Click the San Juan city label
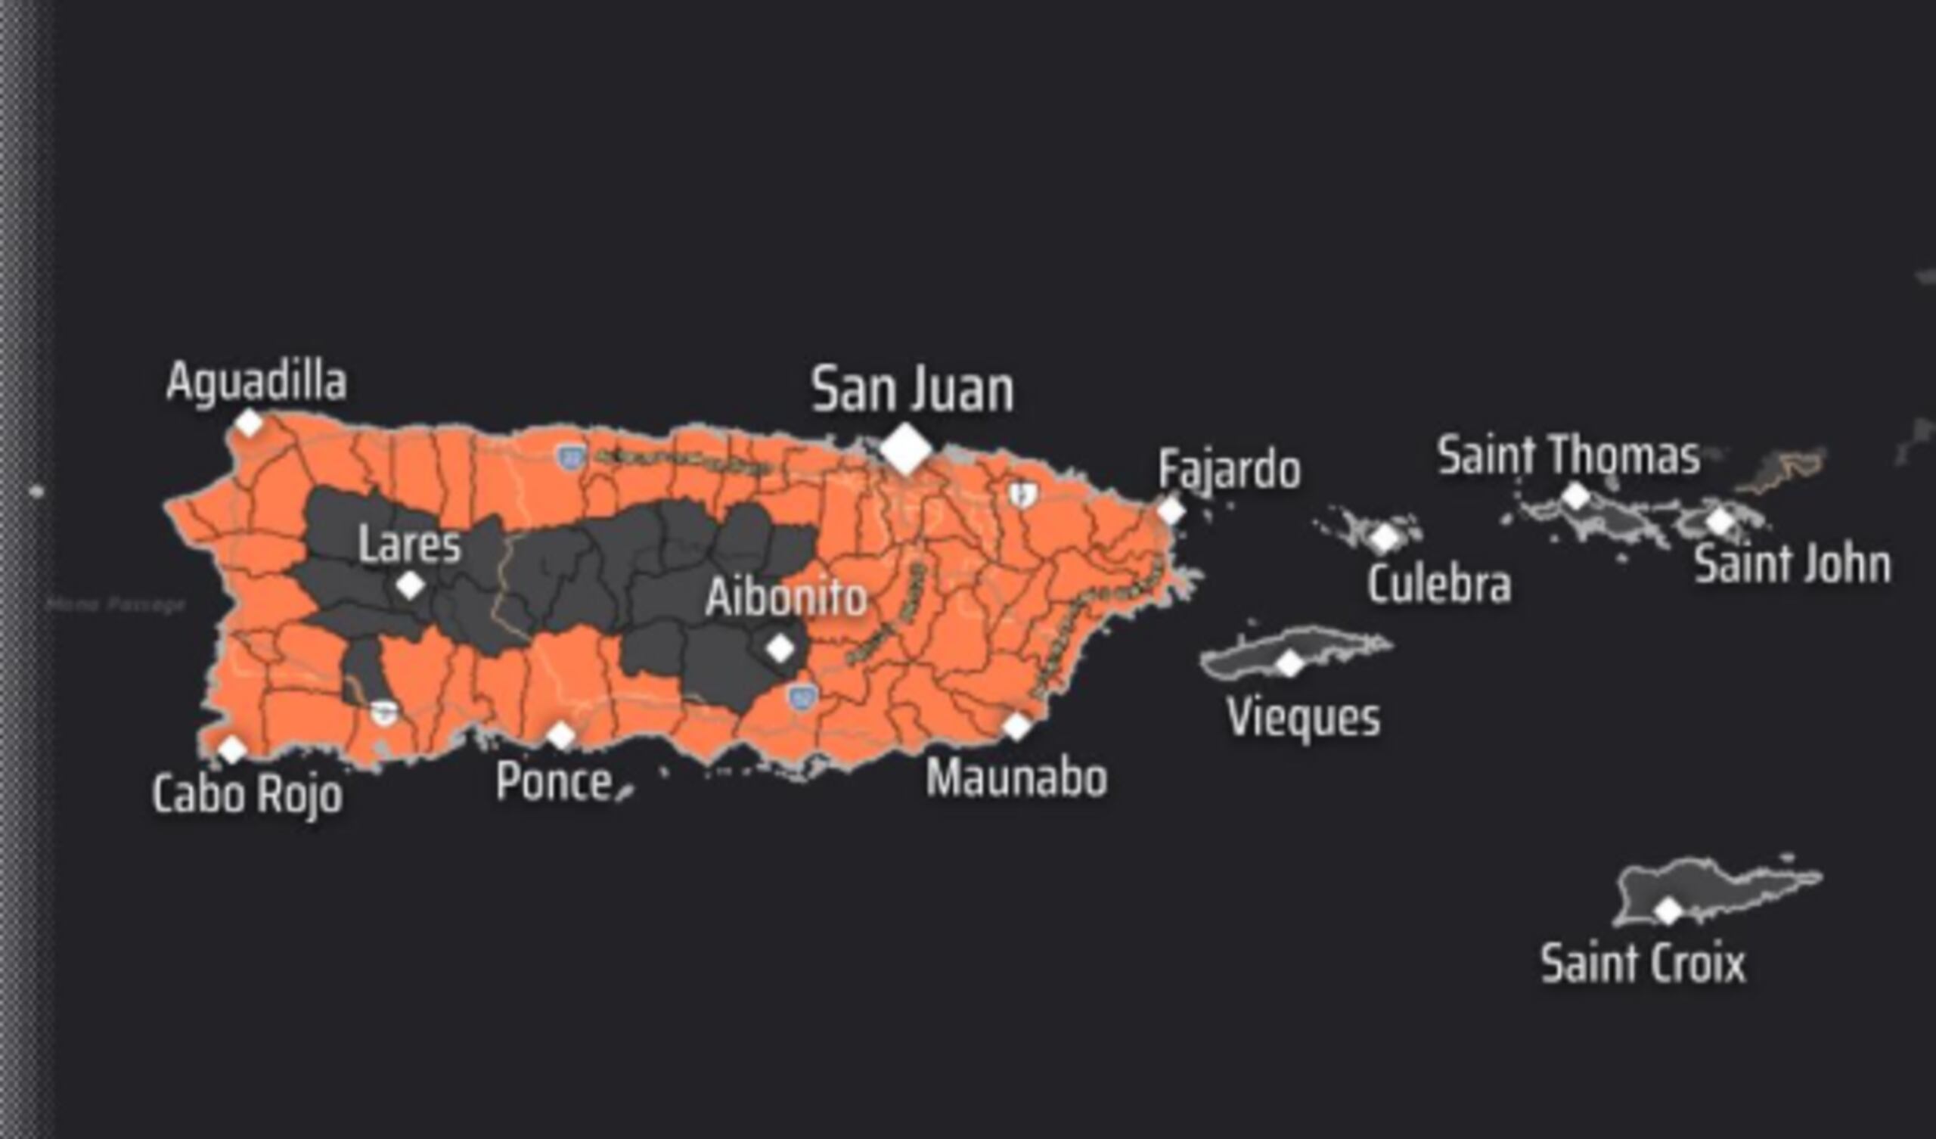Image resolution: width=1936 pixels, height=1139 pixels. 912,389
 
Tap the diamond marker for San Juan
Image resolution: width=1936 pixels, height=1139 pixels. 906,448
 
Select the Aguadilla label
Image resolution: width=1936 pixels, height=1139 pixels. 256,381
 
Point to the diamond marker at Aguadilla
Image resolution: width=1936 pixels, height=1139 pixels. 248,423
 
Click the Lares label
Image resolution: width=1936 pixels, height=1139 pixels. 409,545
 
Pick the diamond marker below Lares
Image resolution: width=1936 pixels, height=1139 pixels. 410,585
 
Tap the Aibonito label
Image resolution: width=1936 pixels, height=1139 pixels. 786,597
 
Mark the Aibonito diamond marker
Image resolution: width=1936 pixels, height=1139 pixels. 780,649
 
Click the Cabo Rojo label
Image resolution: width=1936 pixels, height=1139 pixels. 247,794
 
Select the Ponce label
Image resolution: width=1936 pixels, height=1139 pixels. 554,781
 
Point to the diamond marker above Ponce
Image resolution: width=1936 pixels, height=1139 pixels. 561,735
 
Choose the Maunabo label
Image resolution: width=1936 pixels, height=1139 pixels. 1016,777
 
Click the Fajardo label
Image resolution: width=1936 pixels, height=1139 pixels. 1229,470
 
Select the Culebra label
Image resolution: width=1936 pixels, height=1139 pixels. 1439,584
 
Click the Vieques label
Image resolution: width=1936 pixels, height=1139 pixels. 1304,718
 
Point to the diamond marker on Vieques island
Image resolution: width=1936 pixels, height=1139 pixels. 1290,663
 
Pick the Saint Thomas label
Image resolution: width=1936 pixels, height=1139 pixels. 1568,456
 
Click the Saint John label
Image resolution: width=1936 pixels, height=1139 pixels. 1792,565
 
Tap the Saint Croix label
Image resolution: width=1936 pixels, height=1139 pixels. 1643,963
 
